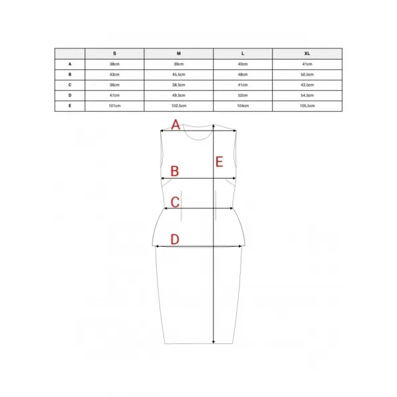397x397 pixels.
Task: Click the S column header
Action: coord(114,54)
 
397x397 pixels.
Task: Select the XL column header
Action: coord(307,54)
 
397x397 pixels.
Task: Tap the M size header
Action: coord(179,54)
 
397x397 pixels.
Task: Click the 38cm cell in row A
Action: coord(114,64)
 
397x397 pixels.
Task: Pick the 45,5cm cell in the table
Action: coord(179,74)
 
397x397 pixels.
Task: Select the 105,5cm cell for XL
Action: coord(308,106)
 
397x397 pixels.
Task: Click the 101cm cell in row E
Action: coord(114,106)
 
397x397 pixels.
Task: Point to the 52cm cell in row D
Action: coord(243,95)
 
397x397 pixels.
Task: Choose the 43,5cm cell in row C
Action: coord(307,85)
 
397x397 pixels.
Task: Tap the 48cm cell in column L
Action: coord(243,74)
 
